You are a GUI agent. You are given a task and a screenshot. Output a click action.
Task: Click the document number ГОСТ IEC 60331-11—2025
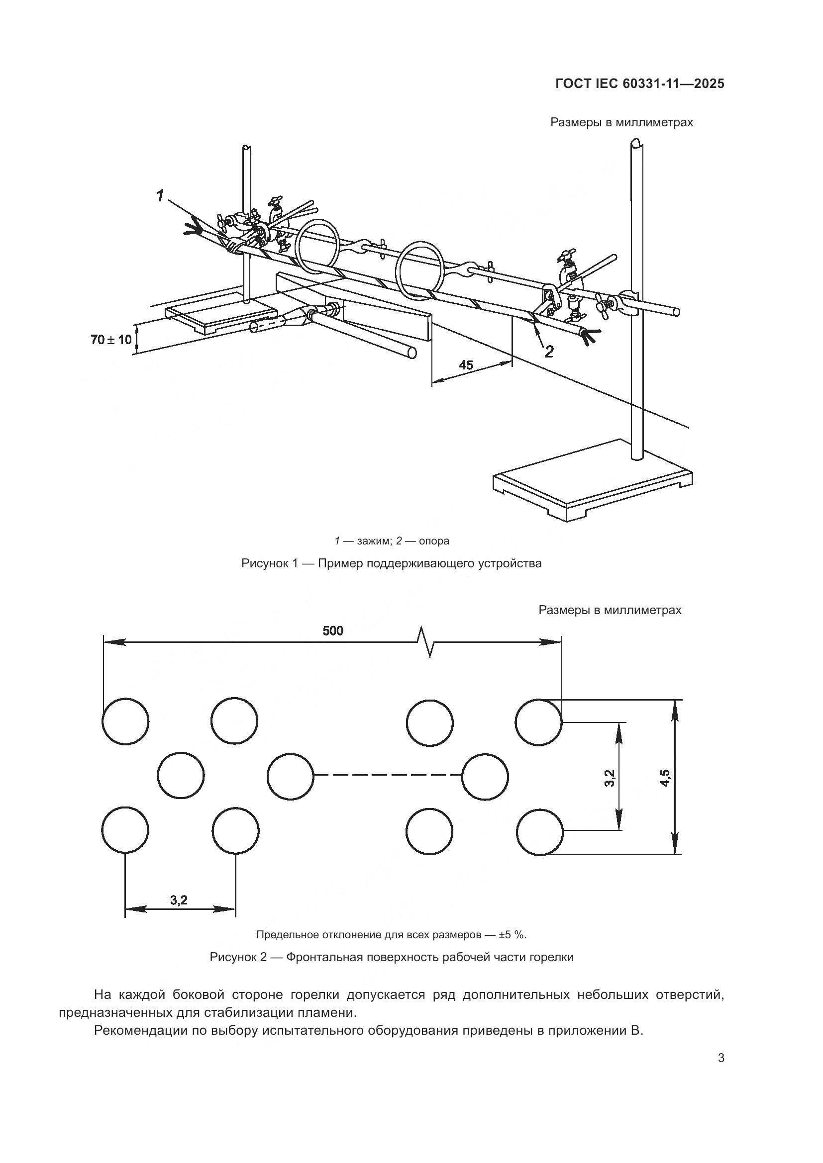click(x=639, y=84)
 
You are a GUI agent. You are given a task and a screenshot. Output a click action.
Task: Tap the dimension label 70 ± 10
click(x=110, y=340)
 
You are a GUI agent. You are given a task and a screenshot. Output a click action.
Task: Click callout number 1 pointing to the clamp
click(x=160, y=195)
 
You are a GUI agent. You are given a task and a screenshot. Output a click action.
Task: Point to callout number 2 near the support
click(x=549, y=352)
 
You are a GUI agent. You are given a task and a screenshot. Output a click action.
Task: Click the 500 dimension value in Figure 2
click(x=333, y=630)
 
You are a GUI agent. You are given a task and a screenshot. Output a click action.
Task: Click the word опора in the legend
click(x=434, y=541)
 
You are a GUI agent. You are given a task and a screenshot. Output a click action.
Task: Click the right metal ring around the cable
click(x=420, y=271)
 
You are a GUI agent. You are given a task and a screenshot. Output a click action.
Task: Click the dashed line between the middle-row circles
click(x=388, y=776)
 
